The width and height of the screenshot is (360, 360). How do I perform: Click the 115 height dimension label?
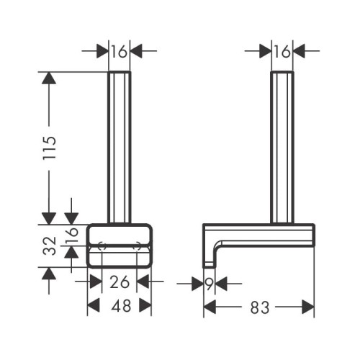50,148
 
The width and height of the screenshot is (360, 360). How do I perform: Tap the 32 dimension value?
50,246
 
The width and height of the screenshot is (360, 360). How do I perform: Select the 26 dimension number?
120,282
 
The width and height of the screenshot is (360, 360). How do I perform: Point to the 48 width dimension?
121,306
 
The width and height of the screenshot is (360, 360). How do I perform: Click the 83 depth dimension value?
260,307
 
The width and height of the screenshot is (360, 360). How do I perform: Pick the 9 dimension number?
210,284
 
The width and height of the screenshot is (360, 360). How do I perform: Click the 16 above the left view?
119,51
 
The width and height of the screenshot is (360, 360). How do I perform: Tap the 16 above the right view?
282,51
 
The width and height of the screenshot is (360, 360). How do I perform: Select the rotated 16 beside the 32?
72,235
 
